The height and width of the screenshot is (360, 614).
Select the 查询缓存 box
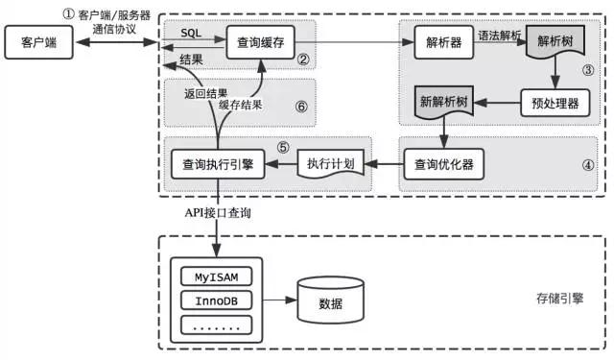[258, 42]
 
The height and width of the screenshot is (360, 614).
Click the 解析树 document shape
[556, 43]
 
